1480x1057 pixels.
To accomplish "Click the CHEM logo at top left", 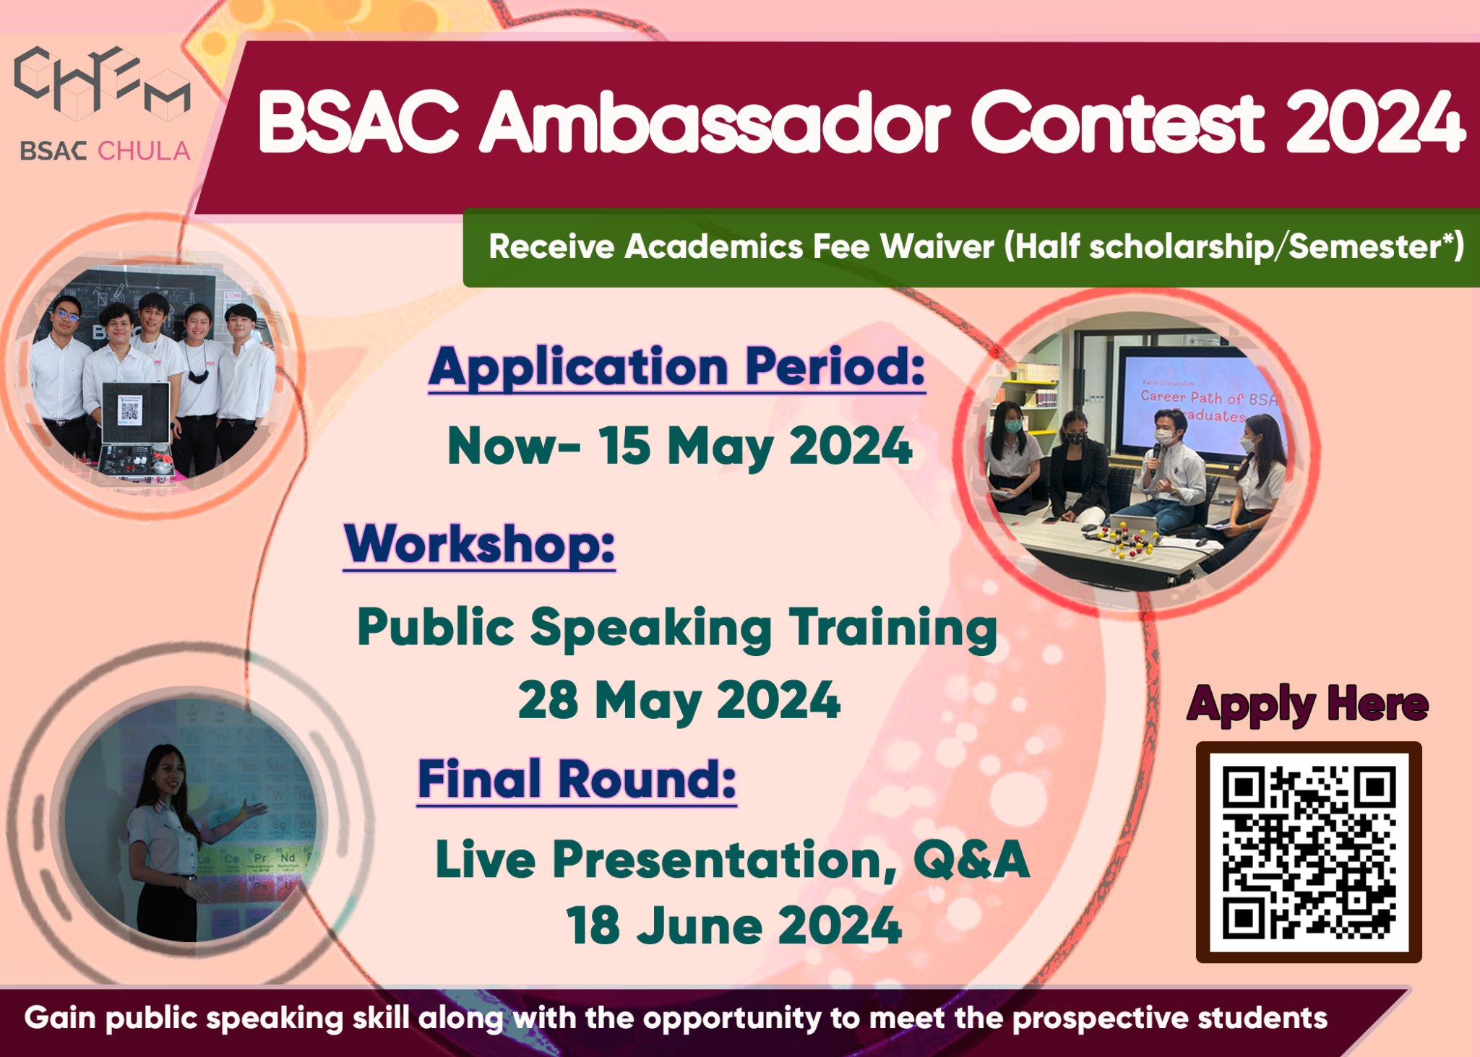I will pyautogui.click(x=102, y=82).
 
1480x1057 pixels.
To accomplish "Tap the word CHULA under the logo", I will pyautogui.click(x=144, y=151).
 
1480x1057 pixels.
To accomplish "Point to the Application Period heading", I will pyautogui.click(x=676, y=367).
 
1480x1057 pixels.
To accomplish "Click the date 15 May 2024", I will pyautogui.click(x=754, y=446).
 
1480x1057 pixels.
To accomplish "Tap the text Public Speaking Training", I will pyautogui.click(x=676, y=627).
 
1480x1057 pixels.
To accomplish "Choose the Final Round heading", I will pyautogui.click(x=577, y=780).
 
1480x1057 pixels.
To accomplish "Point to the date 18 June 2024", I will pyautogui.click(x=733, y=926).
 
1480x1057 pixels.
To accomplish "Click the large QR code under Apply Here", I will pyautogui.click(x=1308, y=853).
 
